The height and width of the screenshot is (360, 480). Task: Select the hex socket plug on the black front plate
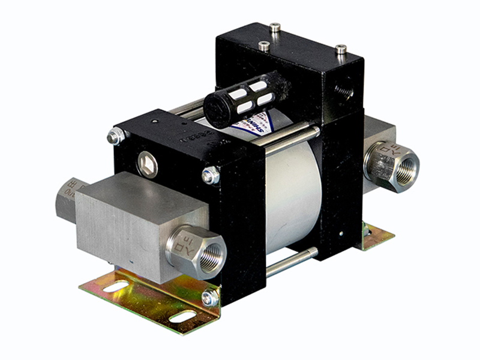146,164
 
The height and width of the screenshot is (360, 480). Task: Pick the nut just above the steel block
211,175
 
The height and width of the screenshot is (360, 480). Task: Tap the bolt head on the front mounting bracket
209,298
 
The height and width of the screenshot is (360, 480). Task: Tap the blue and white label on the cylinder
252,123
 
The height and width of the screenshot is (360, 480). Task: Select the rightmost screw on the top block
340,49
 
